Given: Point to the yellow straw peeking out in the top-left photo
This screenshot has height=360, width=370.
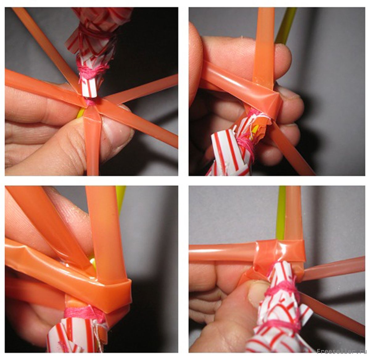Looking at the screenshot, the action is point(80,114).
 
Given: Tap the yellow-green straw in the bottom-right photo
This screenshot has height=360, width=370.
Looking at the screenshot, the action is point(281,213).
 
